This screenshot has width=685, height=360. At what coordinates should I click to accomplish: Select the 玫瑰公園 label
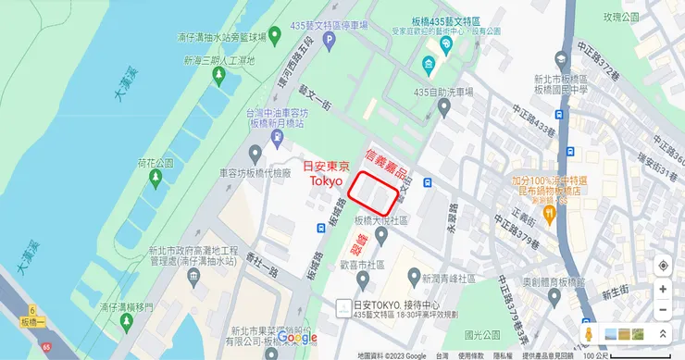coord(621,17)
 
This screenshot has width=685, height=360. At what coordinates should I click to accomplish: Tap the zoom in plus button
coord(663,289)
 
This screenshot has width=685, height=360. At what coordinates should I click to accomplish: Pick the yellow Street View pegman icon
coord(585,333)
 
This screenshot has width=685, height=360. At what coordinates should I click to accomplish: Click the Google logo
coord(297,339)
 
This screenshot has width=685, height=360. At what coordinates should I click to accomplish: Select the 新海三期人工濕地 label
coord(219,59)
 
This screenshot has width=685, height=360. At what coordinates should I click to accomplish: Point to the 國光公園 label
coord(482,334)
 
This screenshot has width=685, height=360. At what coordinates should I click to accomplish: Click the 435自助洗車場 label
coord(442,92)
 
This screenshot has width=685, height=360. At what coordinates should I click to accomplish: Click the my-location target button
coord(663,267)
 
